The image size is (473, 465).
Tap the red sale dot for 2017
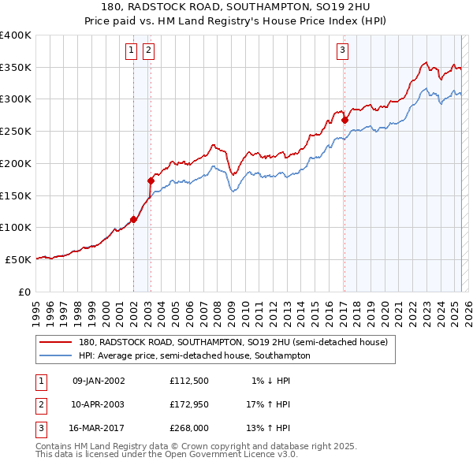pos(345,121)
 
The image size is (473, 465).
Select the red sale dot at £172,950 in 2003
pos(151,181)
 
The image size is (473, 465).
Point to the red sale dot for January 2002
pos(133,220)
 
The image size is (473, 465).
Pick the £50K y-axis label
pos(19,259)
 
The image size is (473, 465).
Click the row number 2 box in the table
pos(41,404)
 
